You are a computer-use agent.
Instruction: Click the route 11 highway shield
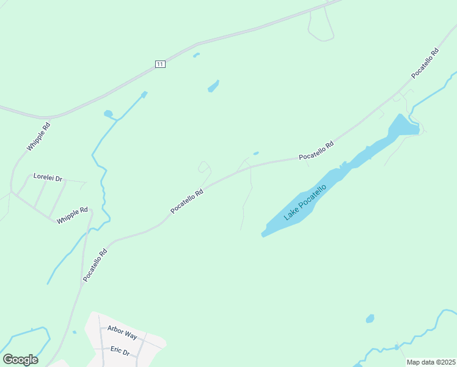160,64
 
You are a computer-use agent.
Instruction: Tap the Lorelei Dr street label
48,177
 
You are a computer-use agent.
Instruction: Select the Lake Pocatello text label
305,202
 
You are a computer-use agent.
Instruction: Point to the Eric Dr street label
120,351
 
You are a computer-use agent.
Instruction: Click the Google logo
20,360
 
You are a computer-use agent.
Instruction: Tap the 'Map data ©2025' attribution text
431,362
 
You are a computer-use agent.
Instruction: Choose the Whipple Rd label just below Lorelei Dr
72,215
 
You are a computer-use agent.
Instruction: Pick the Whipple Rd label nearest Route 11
38,137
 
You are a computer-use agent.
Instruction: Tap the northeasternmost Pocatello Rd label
425,63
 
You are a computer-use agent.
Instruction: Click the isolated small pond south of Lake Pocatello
370,319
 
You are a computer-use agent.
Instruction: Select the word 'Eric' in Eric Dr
116,350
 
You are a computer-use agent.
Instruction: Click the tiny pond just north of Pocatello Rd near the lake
255,154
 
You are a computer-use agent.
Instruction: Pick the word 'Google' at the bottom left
20,360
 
